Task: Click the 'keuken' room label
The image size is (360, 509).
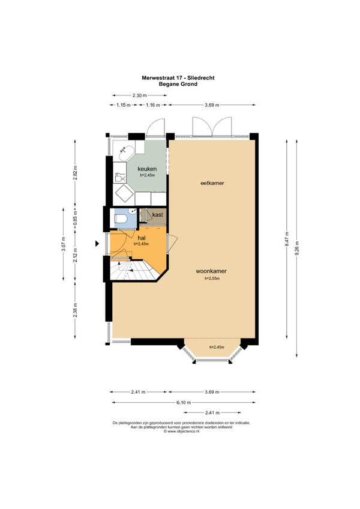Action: pos(147,169)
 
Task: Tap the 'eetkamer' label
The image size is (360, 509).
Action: pos(212,183)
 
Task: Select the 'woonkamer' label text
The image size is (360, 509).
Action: pos(211,271)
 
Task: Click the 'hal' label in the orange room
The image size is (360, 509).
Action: pos(141,238)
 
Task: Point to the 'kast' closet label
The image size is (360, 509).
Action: pos(157,215)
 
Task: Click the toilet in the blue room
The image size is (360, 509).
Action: pos(121,218)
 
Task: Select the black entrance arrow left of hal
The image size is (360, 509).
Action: pos(97,244)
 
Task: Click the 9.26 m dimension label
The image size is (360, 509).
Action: pos(297,248)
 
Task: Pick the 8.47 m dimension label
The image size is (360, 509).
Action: pos(287,239)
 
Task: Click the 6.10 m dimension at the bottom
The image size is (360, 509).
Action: pos(184,403)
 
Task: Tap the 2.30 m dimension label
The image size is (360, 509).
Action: pos(140,95)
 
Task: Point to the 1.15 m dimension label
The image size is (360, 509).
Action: pos(124,105)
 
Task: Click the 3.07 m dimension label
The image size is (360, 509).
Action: pos(64,244)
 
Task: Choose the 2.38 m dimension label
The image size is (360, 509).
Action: pos(76,310)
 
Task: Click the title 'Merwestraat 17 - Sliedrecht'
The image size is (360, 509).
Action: pos(178,78)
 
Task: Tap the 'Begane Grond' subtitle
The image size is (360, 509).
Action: pos(178,84)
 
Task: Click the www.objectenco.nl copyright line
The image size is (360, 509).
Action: pos(181,432)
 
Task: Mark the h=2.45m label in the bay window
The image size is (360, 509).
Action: pos(217,347)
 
